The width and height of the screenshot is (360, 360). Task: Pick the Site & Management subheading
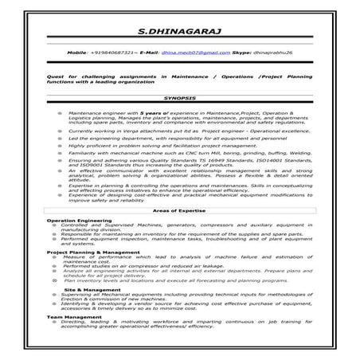pyautogui.click(x=92, y=289)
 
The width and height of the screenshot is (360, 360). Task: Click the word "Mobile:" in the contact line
pyautogui.click(x=78, y=51)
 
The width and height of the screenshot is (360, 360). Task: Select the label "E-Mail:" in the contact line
pyautogui.click(x=149, y=51)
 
